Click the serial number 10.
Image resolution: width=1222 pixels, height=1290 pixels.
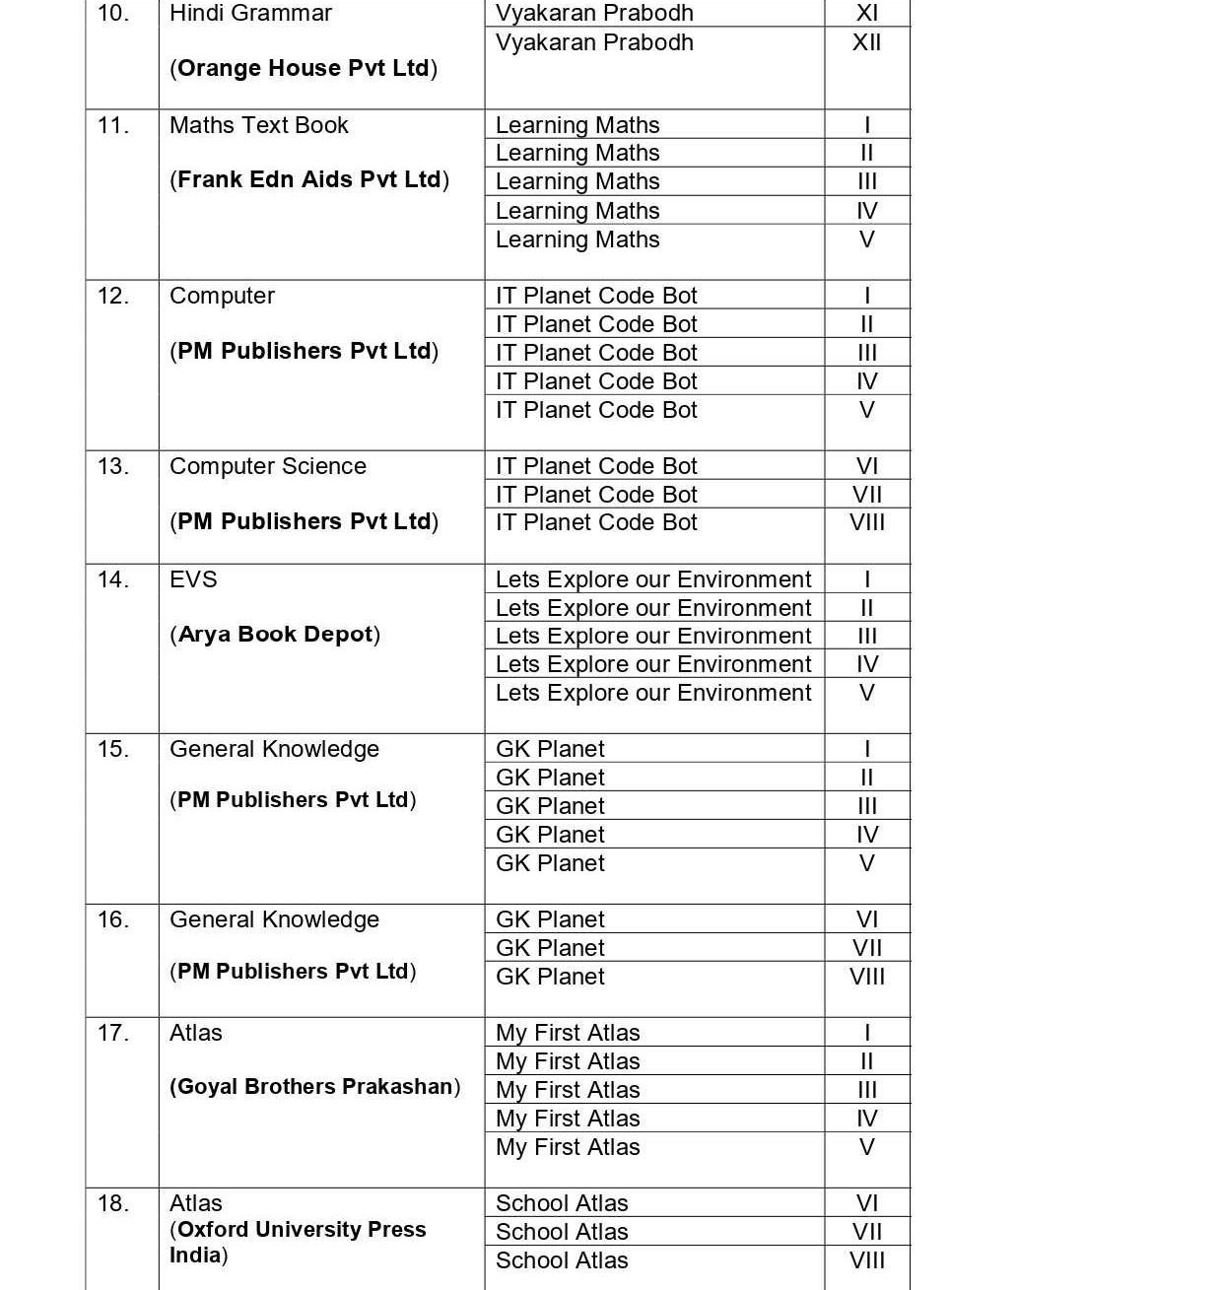pos(112,14)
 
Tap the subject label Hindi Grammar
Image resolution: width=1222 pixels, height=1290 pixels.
pos(250,14)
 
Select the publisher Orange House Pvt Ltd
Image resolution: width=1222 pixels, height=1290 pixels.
pos(304,68)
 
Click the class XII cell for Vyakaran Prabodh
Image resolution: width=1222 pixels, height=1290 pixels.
pos(866,42)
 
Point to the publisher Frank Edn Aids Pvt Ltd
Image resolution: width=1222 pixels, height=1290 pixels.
pos(309,179)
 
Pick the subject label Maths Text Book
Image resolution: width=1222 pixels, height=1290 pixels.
pos(258,125)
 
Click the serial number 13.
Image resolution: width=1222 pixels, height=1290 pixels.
pos(112,466)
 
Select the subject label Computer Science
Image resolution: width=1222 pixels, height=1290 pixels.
pos(267,466)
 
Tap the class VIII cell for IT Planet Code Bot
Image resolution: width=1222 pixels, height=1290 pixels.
pos(866,522)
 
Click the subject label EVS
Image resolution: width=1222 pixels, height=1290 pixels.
pos(193,579)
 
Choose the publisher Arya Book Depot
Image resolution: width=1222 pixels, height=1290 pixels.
pos(275,634)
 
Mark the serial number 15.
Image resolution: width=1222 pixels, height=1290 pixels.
pos(112,749)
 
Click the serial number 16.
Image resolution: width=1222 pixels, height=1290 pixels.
pos(112,919)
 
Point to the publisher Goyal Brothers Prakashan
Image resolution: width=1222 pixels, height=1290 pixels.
pos(314,1086)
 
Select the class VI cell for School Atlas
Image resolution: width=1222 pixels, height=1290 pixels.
pos(866,1203)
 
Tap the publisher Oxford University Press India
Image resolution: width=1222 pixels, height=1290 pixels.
pos(298,1242)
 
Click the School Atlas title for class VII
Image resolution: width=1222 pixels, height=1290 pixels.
pos(562,1232)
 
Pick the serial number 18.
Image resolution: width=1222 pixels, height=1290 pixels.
pos(112,1203)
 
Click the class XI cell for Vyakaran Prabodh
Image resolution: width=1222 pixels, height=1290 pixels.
pos(866,14)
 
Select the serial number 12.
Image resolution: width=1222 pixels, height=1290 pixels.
pos(112,296)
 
